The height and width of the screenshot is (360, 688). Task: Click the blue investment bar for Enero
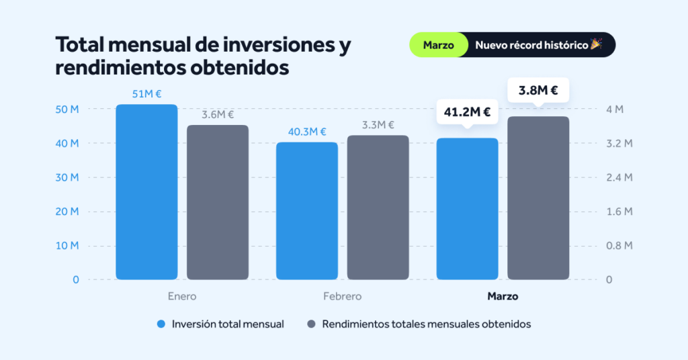click(x=146, y=192)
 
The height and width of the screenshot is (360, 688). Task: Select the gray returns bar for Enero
click(x=218, y=202)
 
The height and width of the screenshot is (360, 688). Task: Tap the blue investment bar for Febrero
click(x=307, y=211)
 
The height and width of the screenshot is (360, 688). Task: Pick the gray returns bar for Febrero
click(x=378, y=208)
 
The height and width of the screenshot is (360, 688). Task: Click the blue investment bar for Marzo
click(x=468, y=209)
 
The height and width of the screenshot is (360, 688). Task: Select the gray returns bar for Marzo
click(x=538, y=198)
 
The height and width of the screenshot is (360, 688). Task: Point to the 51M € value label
click(x=146, y=95)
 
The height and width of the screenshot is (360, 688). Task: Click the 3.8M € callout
click(x=538, y=89)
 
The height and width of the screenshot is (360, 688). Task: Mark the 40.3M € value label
click(x=307, y=132)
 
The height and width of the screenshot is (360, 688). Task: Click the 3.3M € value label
click(x=378, y=125)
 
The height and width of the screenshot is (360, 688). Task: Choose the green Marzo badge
click(x=438, y=45)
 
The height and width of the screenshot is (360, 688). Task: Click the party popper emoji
click(x=596, y=44)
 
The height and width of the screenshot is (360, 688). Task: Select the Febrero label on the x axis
click(x=342, y=296)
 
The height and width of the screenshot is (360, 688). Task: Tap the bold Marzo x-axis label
click(x=503, y=296)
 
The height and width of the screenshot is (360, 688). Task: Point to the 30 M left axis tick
click(x=66, y=177)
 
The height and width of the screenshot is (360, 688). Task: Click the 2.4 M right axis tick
click(x=618, y=177)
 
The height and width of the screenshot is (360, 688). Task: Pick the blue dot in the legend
click(x=161, y=324)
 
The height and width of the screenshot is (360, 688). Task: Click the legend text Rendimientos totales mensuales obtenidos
click(x=427, y=324)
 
